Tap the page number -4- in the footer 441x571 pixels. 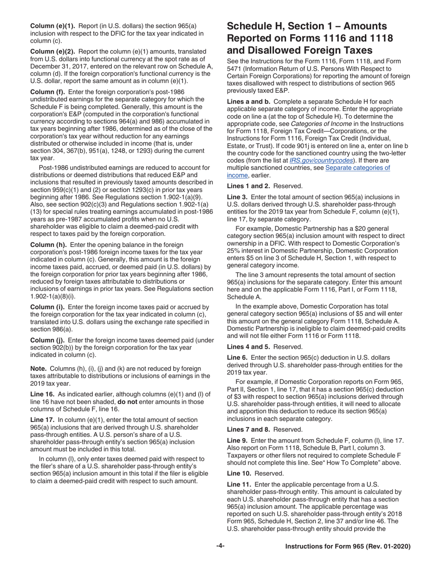[x=220, y=546]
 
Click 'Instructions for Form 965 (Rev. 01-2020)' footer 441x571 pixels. [x=348, y=546]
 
